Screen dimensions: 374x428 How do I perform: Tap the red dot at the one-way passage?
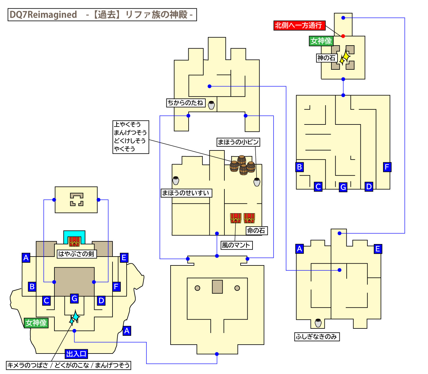[343, 36]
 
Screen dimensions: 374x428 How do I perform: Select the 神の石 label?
[326, 58]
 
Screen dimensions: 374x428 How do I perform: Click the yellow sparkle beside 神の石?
[345, 57]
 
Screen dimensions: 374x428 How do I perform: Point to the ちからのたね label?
[186, 103]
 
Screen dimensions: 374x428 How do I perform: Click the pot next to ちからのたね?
[211, 105]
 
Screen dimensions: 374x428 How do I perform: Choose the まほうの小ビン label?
[238, 142]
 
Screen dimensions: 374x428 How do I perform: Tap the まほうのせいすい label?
[186, 193]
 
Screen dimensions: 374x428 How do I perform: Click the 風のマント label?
[236, 245]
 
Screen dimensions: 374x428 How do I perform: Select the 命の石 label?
[256, 231]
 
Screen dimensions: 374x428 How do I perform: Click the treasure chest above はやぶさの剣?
[74, 241]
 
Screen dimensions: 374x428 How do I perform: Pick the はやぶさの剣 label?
[76, 254]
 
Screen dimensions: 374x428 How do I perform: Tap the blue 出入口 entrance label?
[76, 354]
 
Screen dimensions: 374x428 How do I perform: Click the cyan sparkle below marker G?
[74, 318]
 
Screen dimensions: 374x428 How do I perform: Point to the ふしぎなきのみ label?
[317, 337]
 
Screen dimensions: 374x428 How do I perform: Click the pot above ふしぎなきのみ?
[318, 323]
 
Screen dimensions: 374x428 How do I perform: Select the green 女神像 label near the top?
[321, 41]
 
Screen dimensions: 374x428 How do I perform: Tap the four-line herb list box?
[131, 137]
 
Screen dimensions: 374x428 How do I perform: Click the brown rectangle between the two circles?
[217, 287]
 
